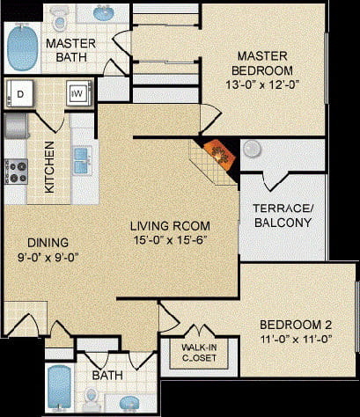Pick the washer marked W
(77, 92)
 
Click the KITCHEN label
(51, 167)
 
